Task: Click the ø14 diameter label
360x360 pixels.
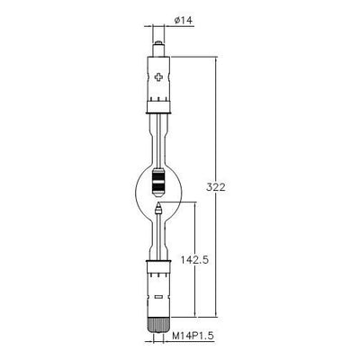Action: coord(184,20)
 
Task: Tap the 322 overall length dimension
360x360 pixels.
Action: coord(216,187)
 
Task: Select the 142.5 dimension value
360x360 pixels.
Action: coord(194,260)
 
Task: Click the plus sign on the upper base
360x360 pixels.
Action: coord(158,77)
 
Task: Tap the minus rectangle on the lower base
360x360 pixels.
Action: coord(158,297)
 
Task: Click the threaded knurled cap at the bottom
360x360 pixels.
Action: coord(158,325)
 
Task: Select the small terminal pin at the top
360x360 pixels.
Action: coord(158,49)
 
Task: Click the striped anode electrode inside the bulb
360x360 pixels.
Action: coord(158,183)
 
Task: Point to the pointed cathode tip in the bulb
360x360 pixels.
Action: coord(158,208)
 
